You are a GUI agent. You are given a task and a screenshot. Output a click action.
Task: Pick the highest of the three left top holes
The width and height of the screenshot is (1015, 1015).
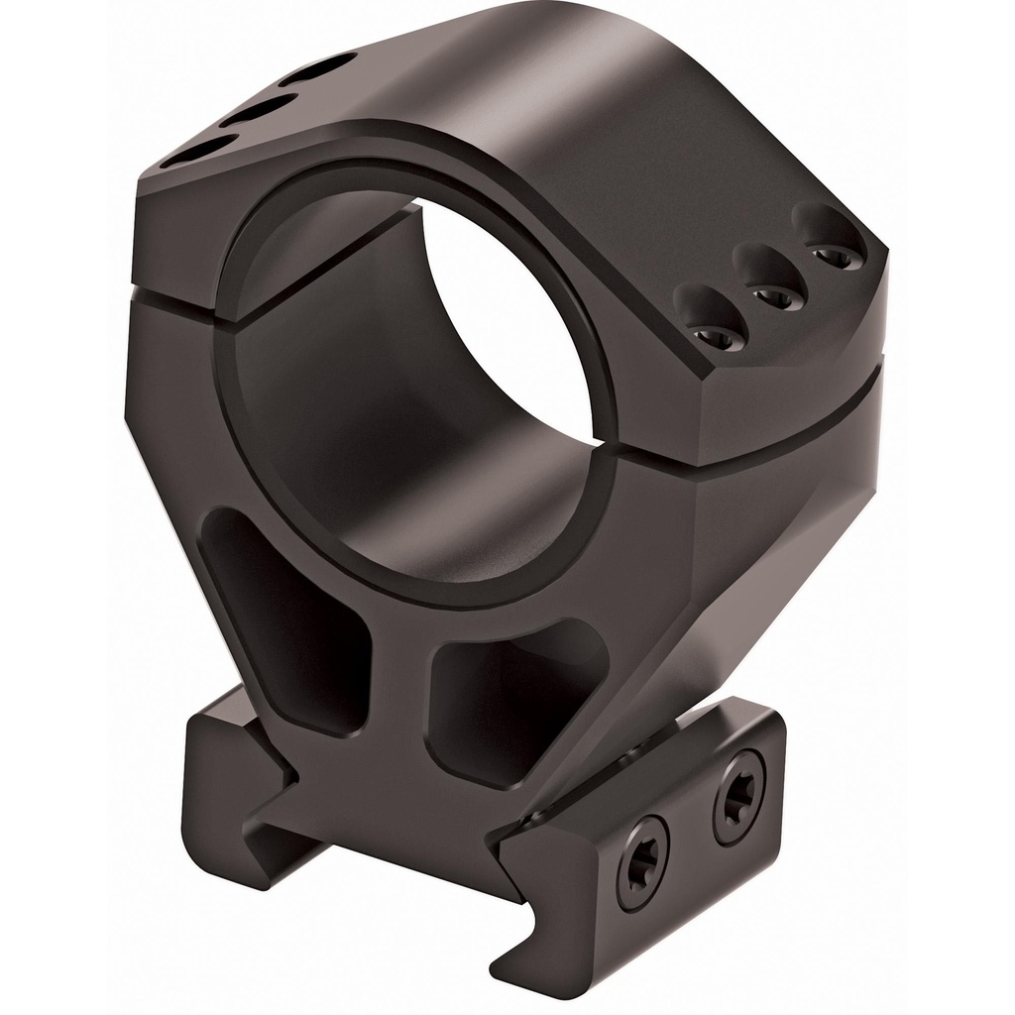tap(317, 69)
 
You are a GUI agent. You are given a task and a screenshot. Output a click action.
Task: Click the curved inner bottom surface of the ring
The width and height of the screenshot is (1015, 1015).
tap(436, 515)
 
